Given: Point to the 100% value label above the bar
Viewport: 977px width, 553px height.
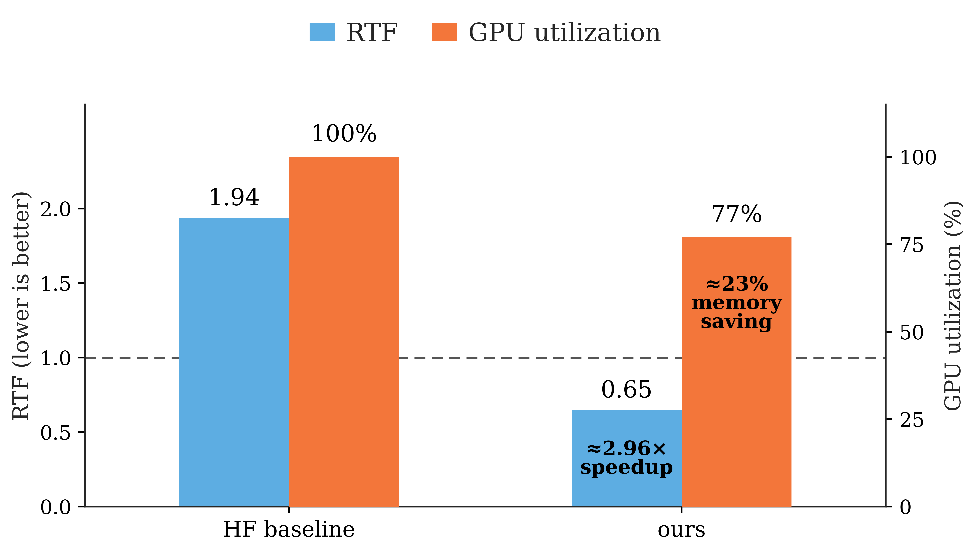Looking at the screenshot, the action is [344, 134].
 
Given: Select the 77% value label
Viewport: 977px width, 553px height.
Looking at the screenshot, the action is [736, 214].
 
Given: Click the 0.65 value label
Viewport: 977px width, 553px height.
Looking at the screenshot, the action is [626, 390].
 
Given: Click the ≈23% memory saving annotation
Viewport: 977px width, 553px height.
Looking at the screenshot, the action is [736, 303].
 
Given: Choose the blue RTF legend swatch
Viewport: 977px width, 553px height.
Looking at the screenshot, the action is [322, 32].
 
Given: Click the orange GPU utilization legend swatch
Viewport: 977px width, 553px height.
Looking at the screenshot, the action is [444, 32].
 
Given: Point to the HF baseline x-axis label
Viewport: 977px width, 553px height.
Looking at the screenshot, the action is [289, 529].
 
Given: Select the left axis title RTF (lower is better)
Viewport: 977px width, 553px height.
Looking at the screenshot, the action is [21, 306].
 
